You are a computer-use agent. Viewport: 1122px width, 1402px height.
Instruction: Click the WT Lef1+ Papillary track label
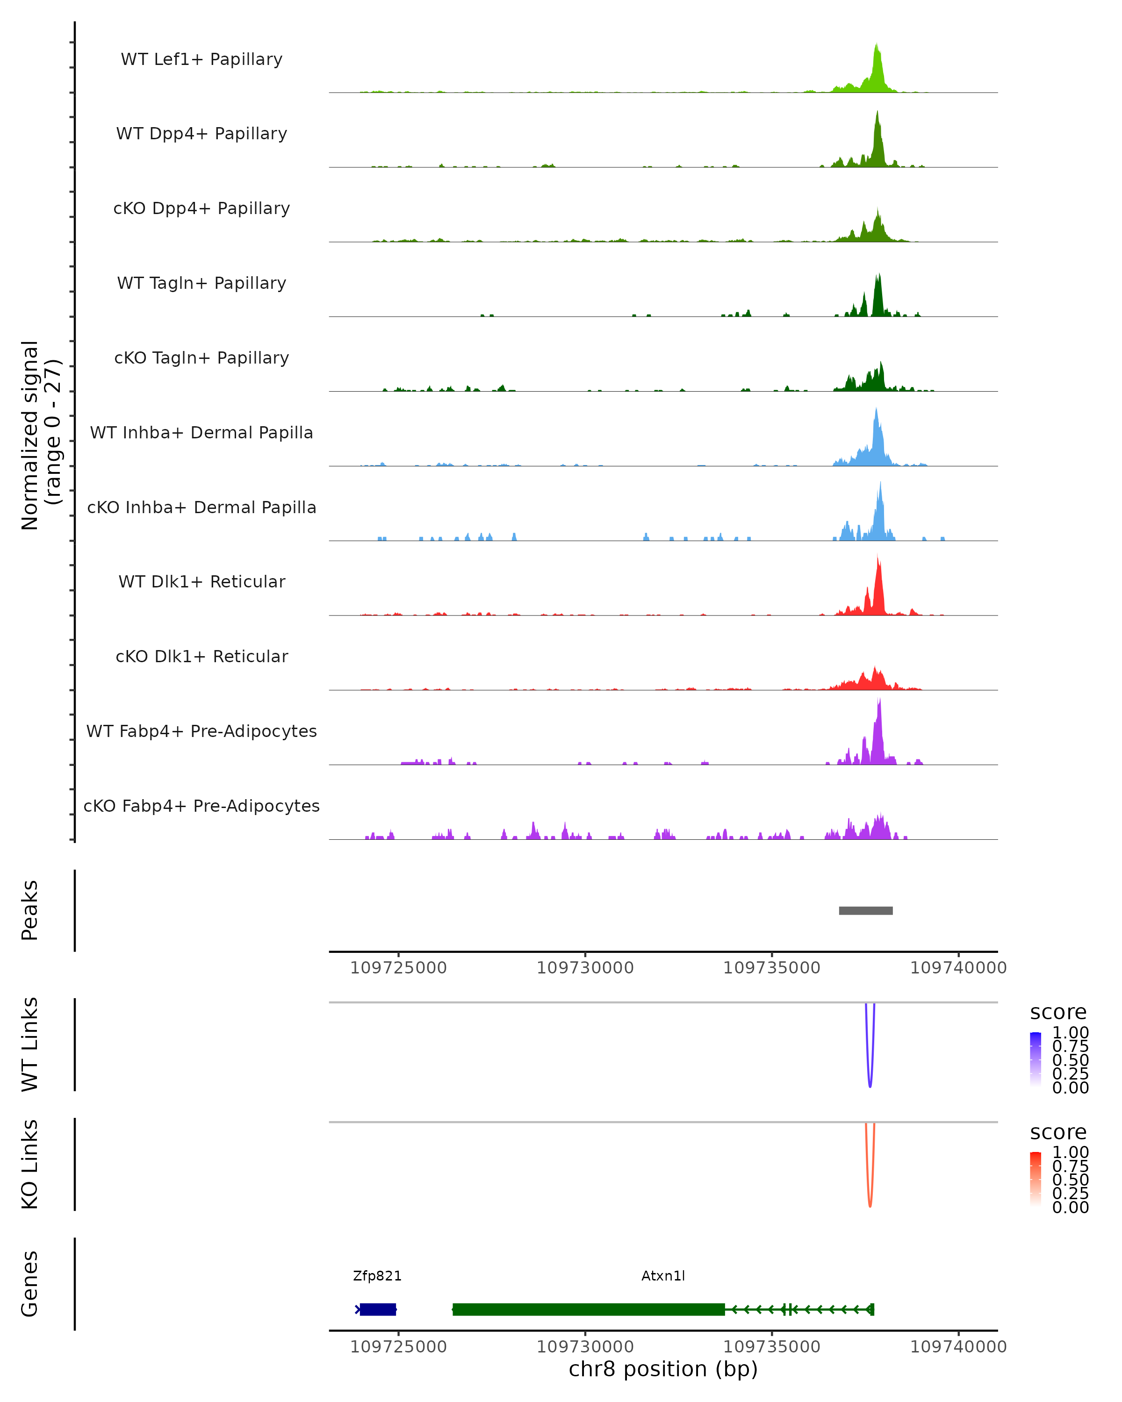[x=201, y=59]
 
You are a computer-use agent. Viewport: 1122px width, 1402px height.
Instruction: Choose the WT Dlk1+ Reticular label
[x=201, y=581]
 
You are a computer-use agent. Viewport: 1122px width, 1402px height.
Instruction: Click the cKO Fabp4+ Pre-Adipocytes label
[x=201, y=806]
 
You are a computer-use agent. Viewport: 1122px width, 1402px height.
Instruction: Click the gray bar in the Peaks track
[x=866, y=910]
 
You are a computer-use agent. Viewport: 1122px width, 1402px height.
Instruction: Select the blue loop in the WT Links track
[x=870, y=1083]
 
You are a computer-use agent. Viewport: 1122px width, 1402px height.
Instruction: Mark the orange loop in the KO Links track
[x=870, y=1203]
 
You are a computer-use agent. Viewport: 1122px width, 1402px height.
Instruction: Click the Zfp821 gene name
[x=377, y=1276]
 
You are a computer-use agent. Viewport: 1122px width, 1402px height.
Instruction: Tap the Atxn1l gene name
[x=663, y=1276]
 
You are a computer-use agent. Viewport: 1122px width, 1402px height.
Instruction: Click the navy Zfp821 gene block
[x=378, y=1309]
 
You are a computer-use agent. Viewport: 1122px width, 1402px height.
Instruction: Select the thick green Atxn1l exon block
[x=589, y=1309]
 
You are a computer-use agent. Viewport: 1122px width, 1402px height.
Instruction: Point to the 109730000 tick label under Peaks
[x=585, y=968]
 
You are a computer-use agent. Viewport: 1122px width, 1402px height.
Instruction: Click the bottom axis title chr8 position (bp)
[x=663, y=1369]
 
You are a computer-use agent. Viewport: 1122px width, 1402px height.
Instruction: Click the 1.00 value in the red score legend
[x=1070, y=1152]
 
